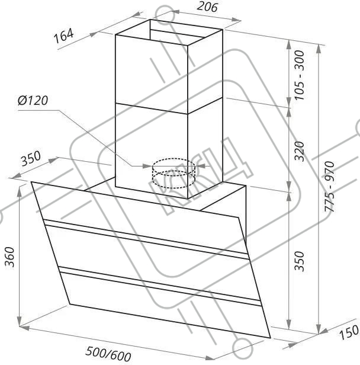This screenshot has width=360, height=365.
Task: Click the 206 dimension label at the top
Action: pyautogui.click(x=207, y=7)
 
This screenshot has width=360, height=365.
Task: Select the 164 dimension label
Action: pyautogui.click(x=64, y=36)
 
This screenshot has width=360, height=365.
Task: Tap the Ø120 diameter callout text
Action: pyautogui.click(x=33, y=100)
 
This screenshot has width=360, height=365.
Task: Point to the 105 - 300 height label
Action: pyautogui.click(x=299, y=75)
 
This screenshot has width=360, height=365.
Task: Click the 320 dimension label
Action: pyautogui.click(x=299, y=151)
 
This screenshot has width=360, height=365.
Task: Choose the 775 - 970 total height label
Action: pyautogui.click(x=330, y=186)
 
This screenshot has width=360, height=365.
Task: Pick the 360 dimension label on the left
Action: pyautogui.click(x=10, y=257)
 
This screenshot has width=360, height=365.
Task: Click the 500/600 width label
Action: pyautogui.click(x=108, y=353)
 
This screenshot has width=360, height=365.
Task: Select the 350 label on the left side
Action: pyautogui.click(x=31, y=159)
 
